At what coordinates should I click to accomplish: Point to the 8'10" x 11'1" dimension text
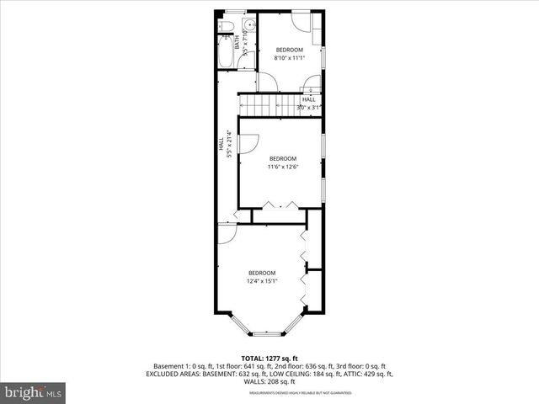(x=289, y=58)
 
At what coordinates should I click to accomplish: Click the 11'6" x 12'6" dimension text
(x=283, y=167)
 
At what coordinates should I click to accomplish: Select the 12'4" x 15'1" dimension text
(x=262, y=280)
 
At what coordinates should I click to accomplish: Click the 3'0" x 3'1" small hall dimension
(x=309, y=107)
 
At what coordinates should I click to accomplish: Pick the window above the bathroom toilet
(x=236, y=13)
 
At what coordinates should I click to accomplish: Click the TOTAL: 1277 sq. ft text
(x=269, y=359)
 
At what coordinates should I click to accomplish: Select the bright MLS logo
(x=33, y=392)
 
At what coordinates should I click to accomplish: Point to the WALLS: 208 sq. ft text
(x=269, y=381)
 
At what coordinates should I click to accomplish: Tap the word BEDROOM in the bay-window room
(x=262, y=272)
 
